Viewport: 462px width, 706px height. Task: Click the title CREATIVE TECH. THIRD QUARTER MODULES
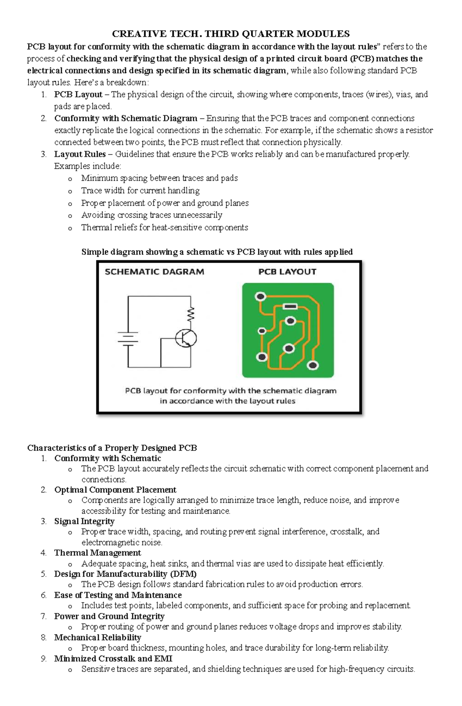231,34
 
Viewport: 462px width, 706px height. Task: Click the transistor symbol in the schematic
186,338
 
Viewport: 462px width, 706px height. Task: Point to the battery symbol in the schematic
128,339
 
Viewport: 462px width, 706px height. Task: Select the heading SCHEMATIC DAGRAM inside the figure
154,272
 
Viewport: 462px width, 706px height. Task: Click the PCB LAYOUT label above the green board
287,272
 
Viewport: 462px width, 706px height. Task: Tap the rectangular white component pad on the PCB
290,307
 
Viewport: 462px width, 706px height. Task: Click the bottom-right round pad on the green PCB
313,365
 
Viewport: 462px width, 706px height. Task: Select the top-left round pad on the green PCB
261,297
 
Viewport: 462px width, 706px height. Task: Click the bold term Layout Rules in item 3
80,154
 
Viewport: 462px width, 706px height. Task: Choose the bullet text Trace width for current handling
140,190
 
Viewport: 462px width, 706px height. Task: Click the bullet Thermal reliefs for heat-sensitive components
164,227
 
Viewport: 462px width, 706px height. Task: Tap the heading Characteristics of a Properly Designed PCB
112,448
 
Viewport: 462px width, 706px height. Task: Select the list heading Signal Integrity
84,521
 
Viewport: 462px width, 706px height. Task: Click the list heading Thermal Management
97,553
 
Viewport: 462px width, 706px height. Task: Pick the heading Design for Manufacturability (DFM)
125,574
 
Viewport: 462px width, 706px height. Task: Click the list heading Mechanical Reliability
97,637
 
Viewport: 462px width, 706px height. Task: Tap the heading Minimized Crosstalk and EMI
113,658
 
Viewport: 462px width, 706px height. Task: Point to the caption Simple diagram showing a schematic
217,252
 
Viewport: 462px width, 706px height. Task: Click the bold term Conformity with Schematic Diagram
126,118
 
